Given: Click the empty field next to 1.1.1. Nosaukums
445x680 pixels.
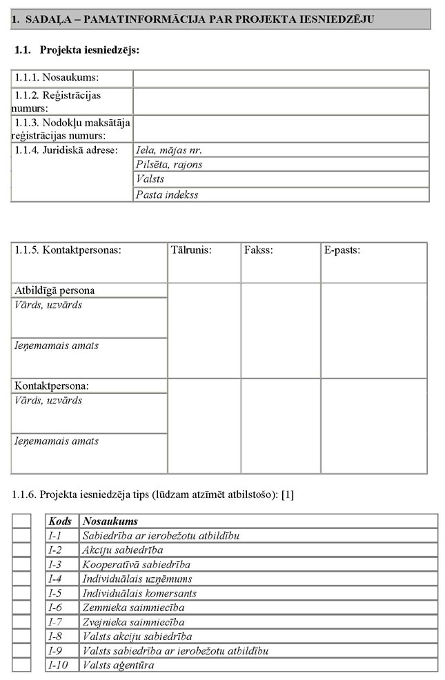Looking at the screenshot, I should (281, 78).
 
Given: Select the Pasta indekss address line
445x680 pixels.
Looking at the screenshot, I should (281, 194).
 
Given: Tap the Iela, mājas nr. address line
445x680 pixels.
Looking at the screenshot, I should (281, 150).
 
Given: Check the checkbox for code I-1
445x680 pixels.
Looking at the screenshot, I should (21, 535).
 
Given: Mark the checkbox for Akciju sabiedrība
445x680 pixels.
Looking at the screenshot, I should (21, 550).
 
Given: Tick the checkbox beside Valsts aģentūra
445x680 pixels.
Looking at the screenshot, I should (21, 665).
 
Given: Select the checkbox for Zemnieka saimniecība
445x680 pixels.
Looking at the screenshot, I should (21, 608).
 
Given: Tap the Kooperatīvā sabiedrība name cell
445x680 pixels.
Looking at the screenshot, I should (258, 564).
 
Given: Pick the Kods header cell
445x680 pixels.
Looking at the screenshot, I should (62, 521).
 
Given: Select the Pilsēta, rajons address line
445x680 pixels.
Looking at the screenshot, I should (281, 164).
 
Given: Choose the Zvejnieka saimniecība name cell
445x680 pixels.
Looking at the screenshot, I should (258, 622).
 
